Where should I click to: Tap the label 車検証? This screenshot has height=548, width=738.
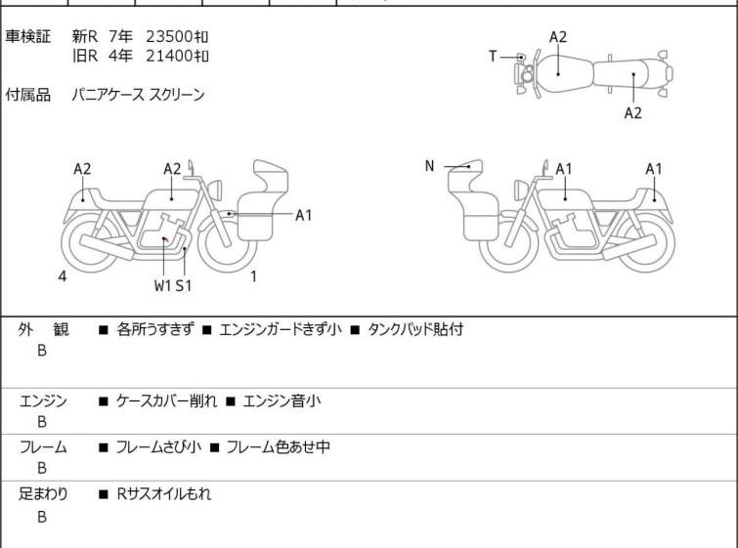28,36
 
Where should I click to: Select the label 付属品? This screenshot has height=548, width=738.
28,96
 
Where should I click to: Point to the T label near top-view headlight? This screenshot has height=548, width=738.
494,57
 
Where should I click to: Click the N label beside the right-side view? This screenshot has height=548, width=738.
429,166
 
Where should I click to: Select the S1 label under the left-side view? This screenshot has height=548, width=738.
184,286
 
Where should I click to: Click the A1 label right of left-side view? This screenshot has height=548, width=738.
304,215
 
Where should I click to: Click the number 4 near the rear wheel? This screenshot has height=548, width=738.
63,276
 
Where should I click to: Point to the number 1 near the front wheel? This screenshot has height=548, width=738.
253,276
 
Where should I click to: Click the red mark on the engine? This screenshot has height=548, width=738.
165,238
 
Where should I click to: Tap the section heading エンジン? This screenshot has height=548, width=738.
43,400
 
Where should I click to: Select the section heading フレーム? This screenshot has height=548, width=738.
43,447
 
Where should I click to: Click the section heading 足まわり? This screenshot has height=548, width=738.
43,494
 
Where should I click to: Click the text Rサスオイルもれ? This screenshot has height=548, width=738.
163,494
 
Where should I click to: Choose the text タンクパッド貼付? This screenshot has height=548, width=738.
414,329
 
